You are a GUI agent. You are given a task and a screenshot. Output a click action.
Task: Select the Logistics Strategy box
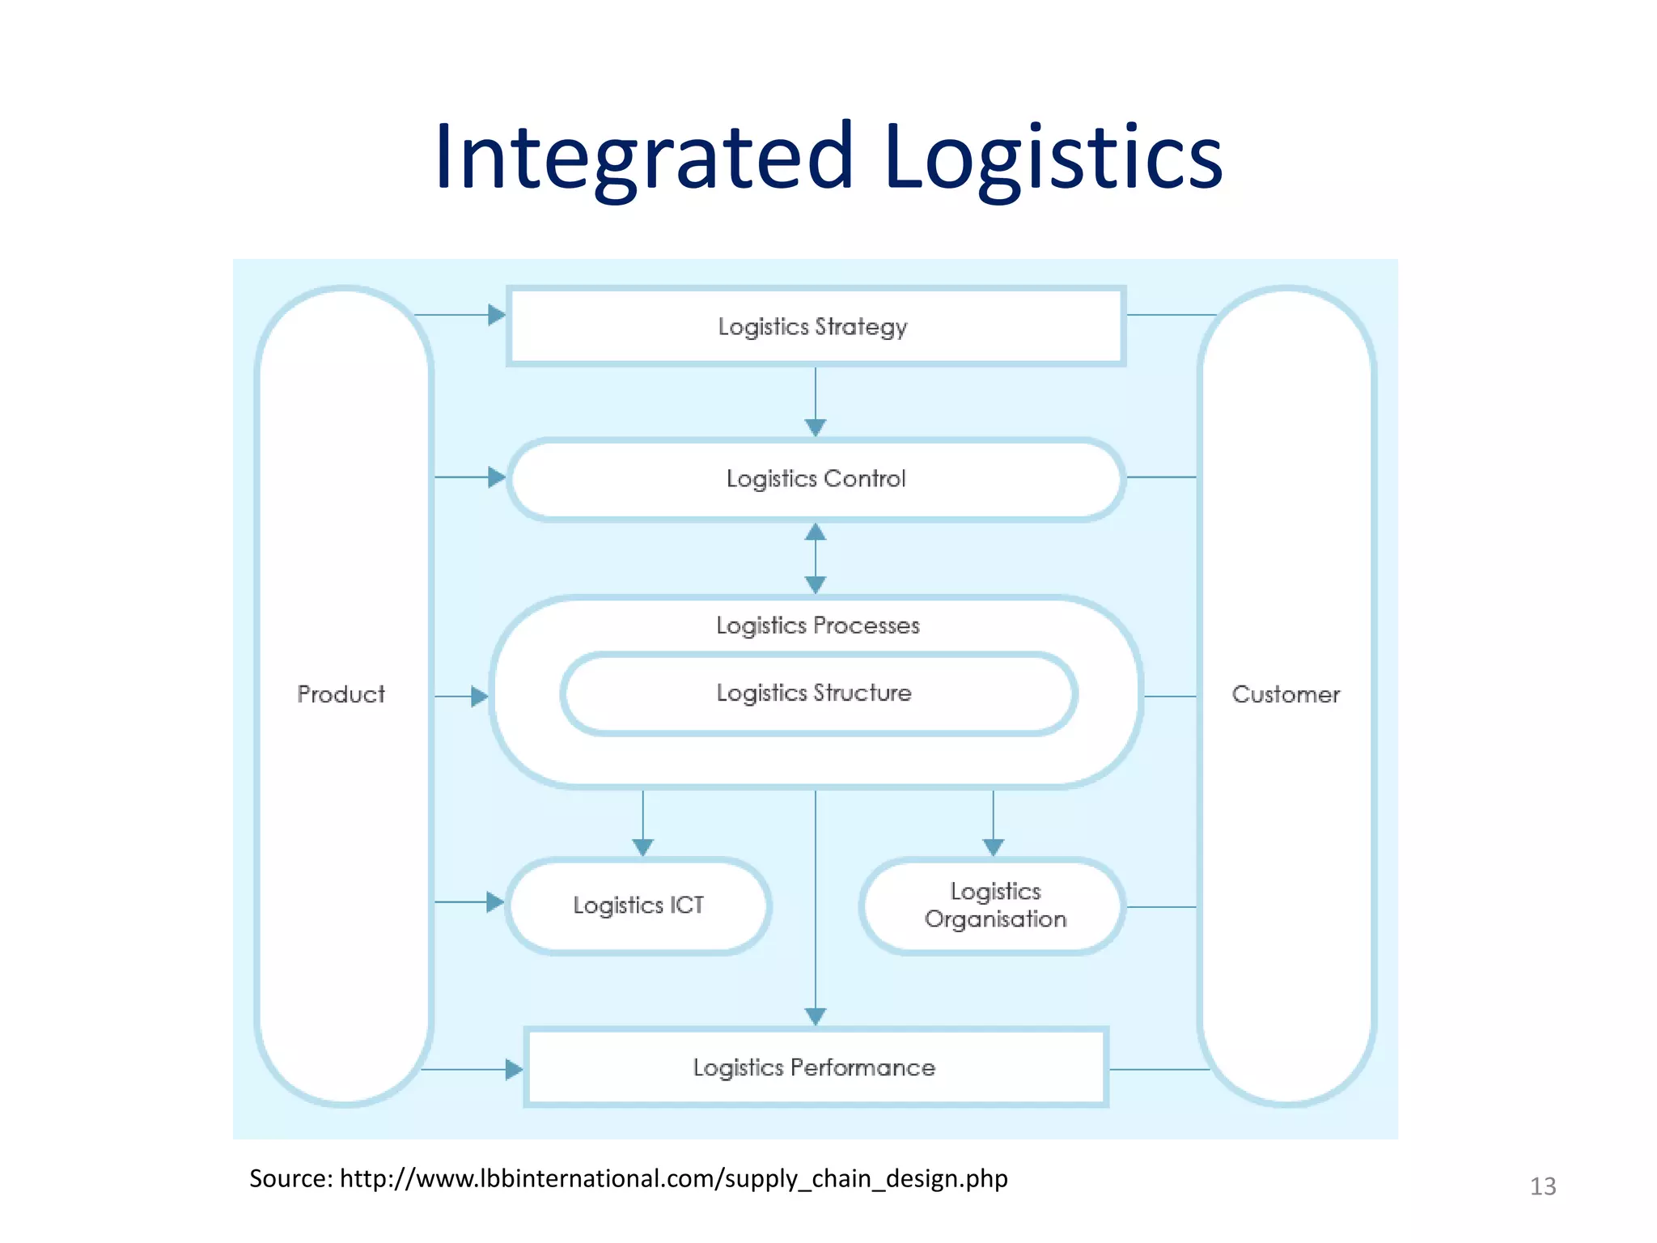tap(815, 326)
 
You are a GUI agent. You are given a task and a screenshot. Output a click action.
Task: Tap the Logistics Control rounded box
tap(815, 478)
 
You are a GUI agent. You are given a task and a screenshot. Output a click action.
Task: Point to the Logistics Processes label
tap(817, 626)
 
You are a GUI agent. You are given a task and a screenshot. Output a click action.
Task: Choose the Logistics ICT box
tap(638, 905)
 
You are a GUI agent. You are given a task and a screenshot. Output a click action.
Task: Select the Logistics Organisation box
tap(994, 906)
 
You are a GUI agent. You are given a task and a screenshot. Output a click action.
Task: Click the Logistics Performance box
tap(815, 1067)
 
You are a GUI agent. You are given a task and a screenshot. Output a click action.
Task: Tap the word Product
tap(341, 694)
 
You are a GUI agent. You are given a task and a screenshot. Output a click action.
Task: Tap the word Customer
tap(1286, 694)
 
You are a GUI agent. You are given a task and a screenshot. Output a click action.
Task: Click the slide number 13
tap(1542, 1186)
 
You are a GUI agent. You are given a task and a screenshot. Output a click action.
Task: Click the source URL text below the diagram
tap(628, 1178)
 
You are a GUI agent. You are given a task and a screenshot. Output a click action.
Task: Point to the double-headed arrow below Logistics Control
tap(816, 558)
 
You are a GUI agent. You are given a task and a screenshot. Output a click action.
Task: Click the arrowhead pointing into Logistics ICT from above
tap(643, 846)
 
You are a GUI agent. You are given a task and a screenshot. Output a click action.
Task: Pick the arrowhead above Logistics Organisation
tap(994, 846)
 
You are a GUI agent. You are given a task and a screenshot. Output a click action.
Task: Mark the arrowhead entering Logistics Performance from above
tap(816, 1016)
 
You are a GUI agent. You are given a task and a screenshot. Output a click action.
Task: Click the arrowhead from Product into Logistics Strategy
tap(497, 315)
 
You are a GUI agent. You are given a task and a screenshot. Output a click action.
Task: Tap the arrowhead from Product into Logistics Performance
tap(514, 1070)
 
